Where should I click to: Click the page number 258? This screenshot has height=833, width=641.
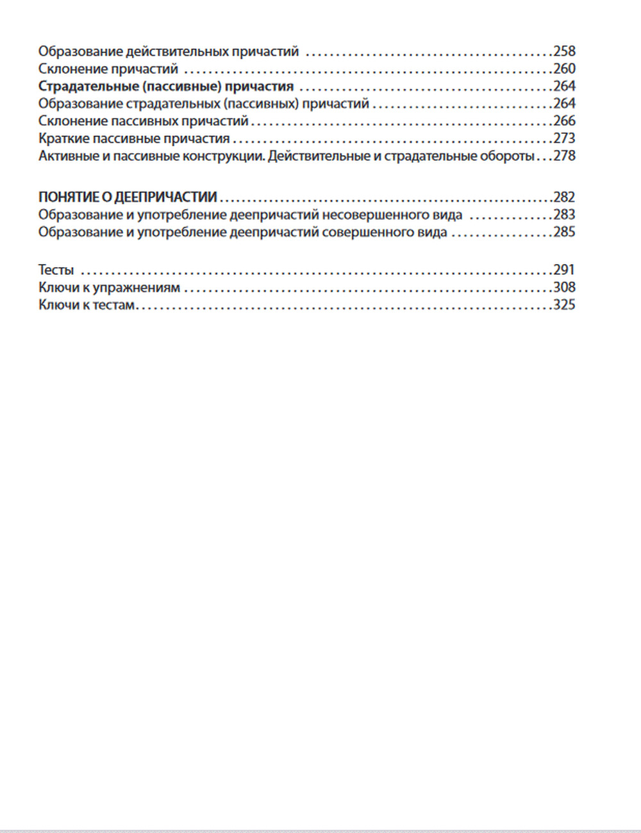(564, 51)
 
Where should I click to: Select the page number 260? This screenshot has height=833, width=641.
(564, 69)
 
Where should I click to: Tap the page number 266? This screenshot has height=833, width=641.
(564, 120)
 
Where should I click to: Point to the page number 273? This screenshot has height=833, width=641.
(564, 138)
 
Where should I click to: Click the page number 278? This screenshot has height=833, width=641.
(564, 155)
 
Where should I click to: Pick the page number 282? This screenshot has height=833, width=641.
(564, 197)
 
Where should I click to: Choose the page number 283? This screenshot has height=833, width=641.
(564, 214)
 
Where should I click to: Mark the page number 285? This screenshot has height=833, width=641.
(564, 231)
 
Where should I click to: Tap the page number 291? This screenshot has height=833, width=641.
(564, 270)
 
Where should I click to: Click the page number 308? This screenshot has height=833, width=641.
(564, 287)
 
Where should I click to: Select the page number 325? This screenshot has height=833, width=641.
(564, 304)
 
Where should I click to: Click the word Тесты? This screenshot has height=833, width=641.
(56, 270)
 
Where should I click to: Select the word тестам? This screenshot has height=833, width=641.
(113, 305)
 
